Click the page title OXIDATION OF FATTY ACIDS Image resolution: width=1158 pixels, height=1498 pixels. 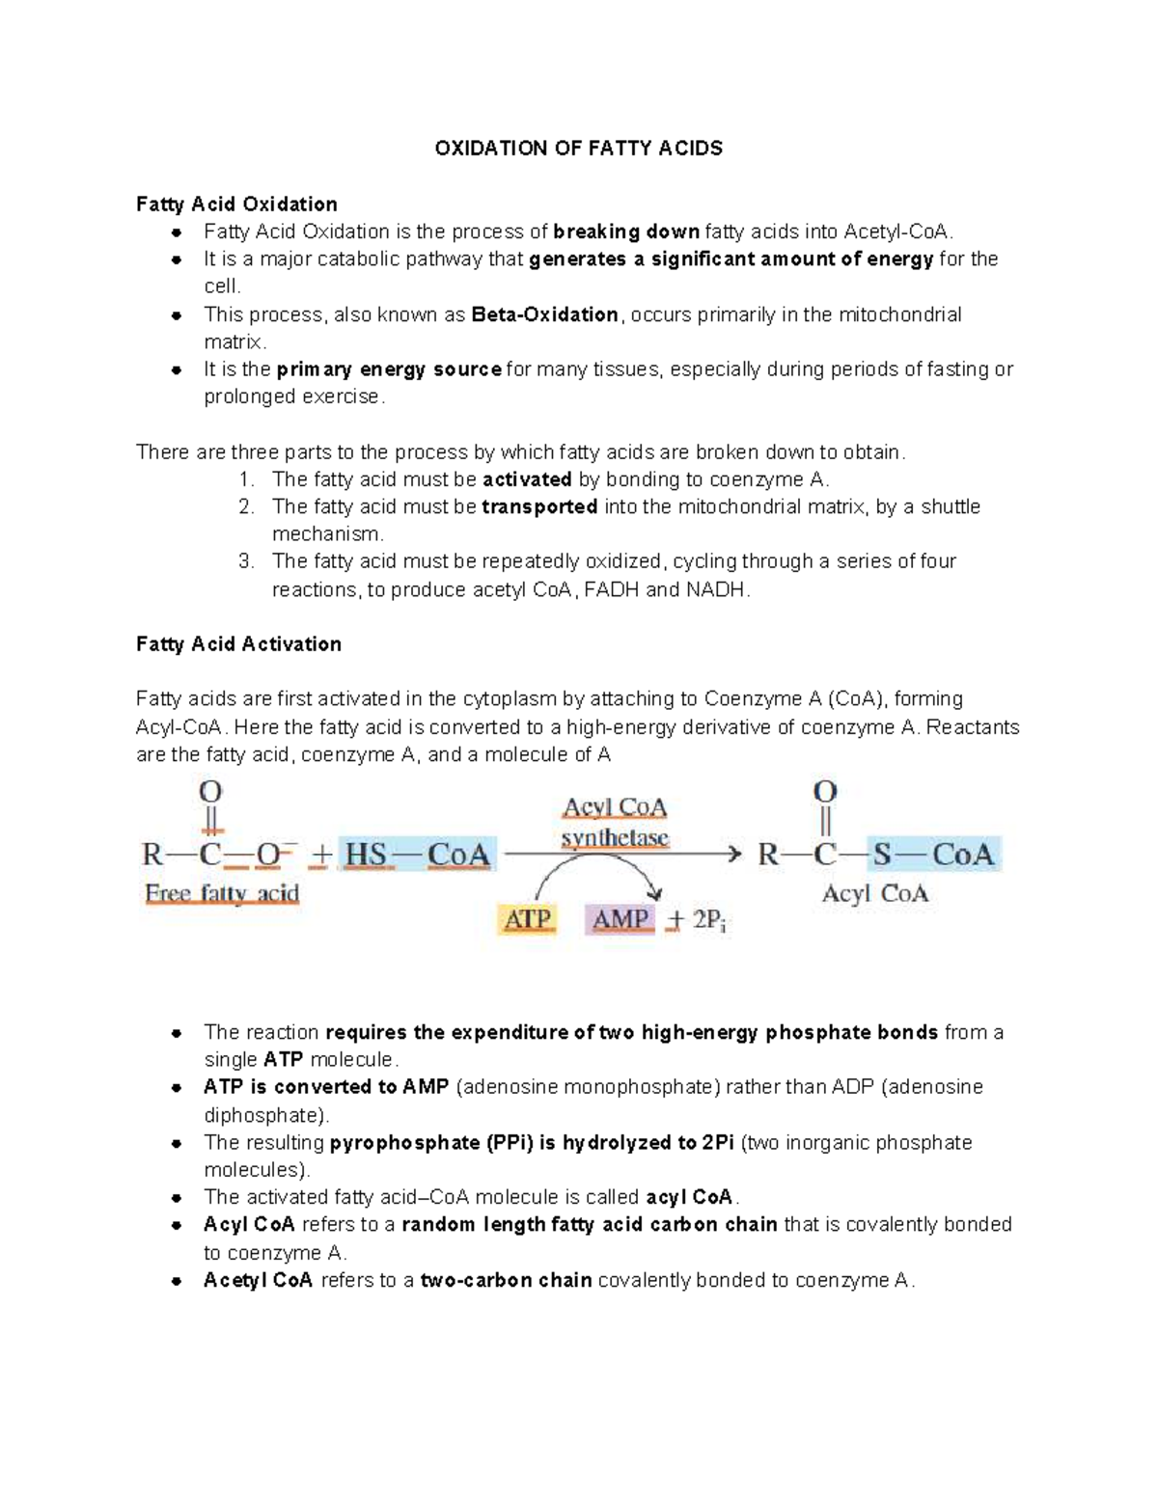[578, 148]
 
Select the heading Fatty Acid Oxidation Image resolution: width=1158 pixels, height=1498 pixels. [236, 204]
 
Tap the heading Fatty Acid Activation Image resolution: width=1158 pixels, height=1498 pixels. [238, 643]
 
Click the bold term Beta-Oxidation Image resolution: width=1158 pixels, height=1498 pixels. [544, 314]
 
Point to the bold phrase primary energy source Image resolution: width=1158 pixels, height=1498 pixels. [389, 368]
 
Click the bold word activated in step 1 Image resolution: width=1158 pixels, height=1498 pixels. [527, 479]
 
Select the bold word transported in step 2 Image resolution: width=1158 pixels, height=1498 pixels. [539, 506]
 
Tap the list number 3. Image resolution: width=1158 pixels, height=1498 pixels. [246, 561]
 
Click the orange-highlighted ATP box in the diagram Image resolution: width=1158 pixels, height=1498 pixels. [527, 919]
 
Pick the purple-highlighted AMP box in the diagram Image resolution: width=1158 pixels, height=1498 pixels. [620, 919]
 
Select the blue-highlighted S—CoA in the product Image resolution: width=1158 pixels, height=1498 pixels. [933, 855]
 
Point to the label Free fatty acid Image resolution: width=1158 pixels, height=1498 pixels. [222, 894]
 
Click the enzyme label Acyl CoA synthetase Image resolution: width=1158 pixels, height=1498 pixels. [615, 822]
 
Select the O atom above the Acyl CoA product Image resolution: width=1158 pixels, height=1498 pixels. [824, 792]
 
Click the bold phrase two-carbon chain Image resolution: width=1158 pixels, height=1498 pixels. [506, 1280]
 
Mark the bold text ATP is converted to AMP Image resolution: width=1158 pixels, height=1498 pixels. [326, 1086]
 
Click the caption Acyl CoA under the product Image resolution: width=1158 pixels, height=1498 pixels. [874, 894]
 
